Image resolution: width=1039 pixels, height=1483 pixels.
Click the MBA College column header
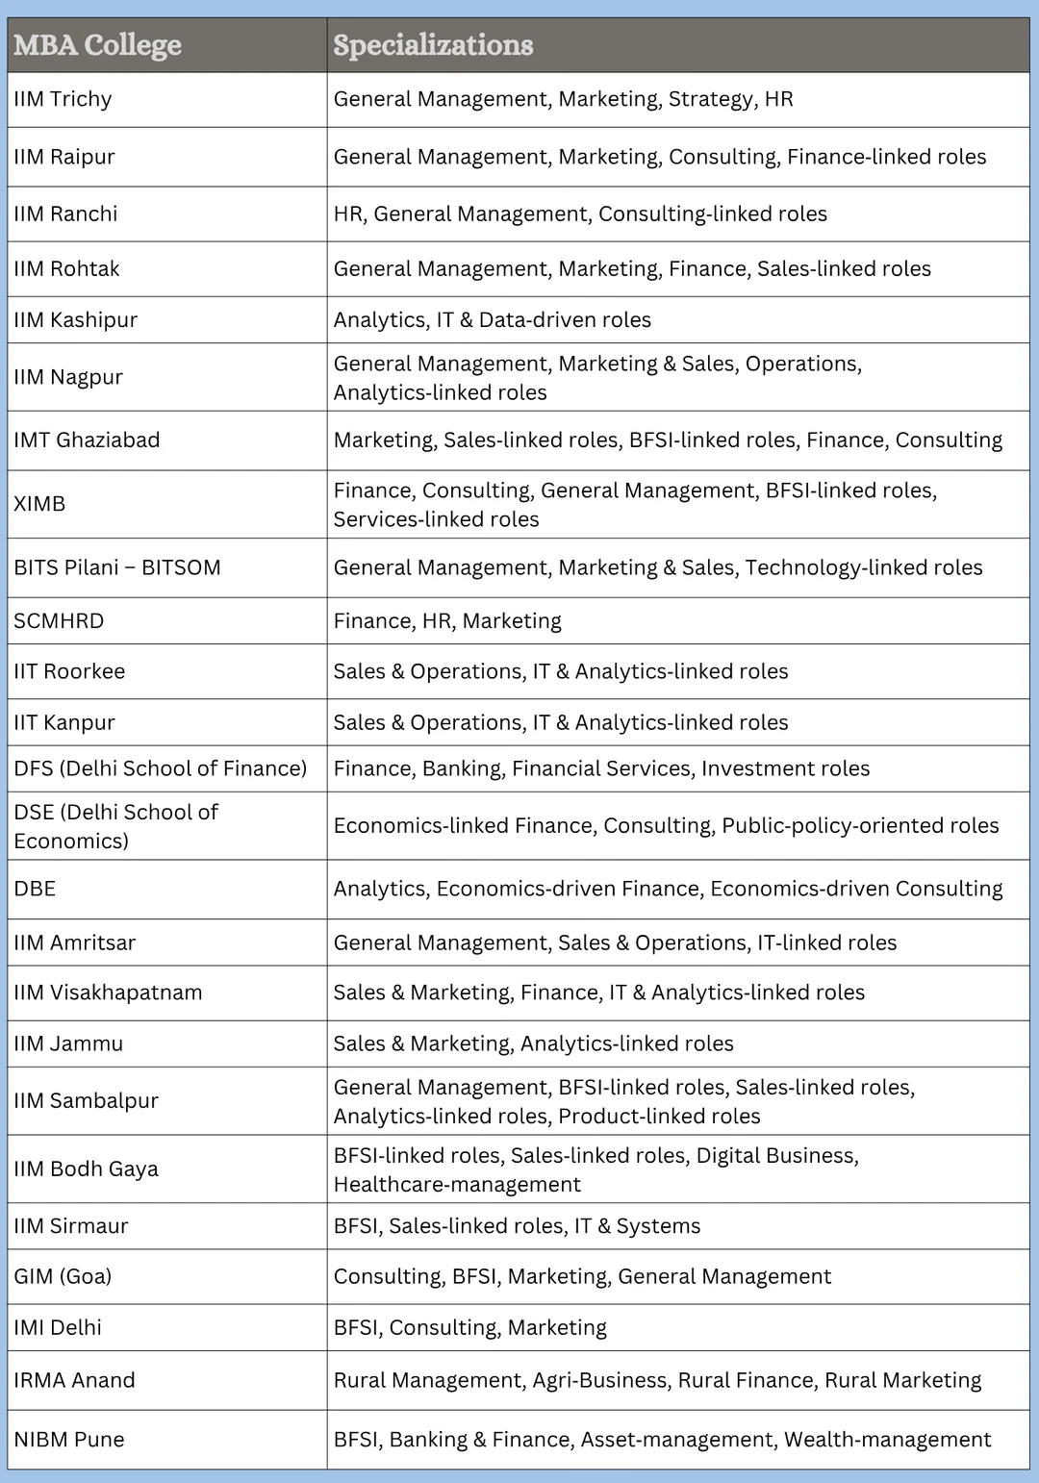click(97, 45)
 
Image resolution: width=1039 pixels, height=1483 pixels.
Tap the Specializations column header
click(433, 45)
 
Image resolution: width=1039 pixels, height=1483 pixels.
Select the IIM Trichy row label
click(63, 99)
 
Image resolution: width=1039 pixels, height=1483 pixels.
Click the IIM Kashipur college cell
click(75, 320)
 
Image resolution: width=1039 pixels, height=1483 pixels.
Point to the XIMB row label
click(39, 504)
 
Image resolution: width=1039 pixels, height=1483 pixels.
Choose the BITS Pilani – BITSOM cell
click(117, 567)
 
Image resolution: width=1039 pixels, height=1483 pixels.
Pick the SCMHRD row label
click(59, 621)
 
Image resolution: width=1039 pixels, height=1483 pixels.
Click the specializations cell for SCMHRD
click(447, 621)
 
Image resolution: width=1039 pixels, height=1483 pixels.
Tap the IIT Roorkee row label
click(69, 671)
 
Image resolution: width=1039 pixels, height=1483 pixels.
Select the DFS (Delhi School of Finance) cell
click(161, 768)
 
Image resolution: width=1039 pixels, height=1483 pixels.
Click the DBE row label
click(35, 889)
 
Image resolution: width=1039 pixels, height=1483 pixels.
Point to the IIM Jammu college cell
click(68, 1043)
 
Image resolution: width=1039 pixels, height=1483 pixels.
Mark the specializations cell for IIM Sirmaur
click(517, 1226)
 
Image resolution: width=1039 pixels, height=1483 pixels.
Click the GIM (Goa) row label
click(63, 1276)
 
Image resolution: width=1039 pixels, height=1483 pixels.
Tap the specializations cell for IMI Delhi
click(469, 1327)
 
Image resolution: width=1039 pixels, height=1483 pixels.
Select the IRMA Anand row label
click(74, 1380)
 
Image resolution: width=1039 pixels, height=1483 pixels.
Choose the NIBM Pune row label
click(69, 1440)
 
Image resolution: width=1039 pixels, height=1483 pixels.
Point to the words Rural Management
click(430, 1380)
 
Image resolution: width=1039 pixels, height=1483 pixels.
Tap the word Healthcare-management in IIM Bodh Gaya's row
click(457, 1184)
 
